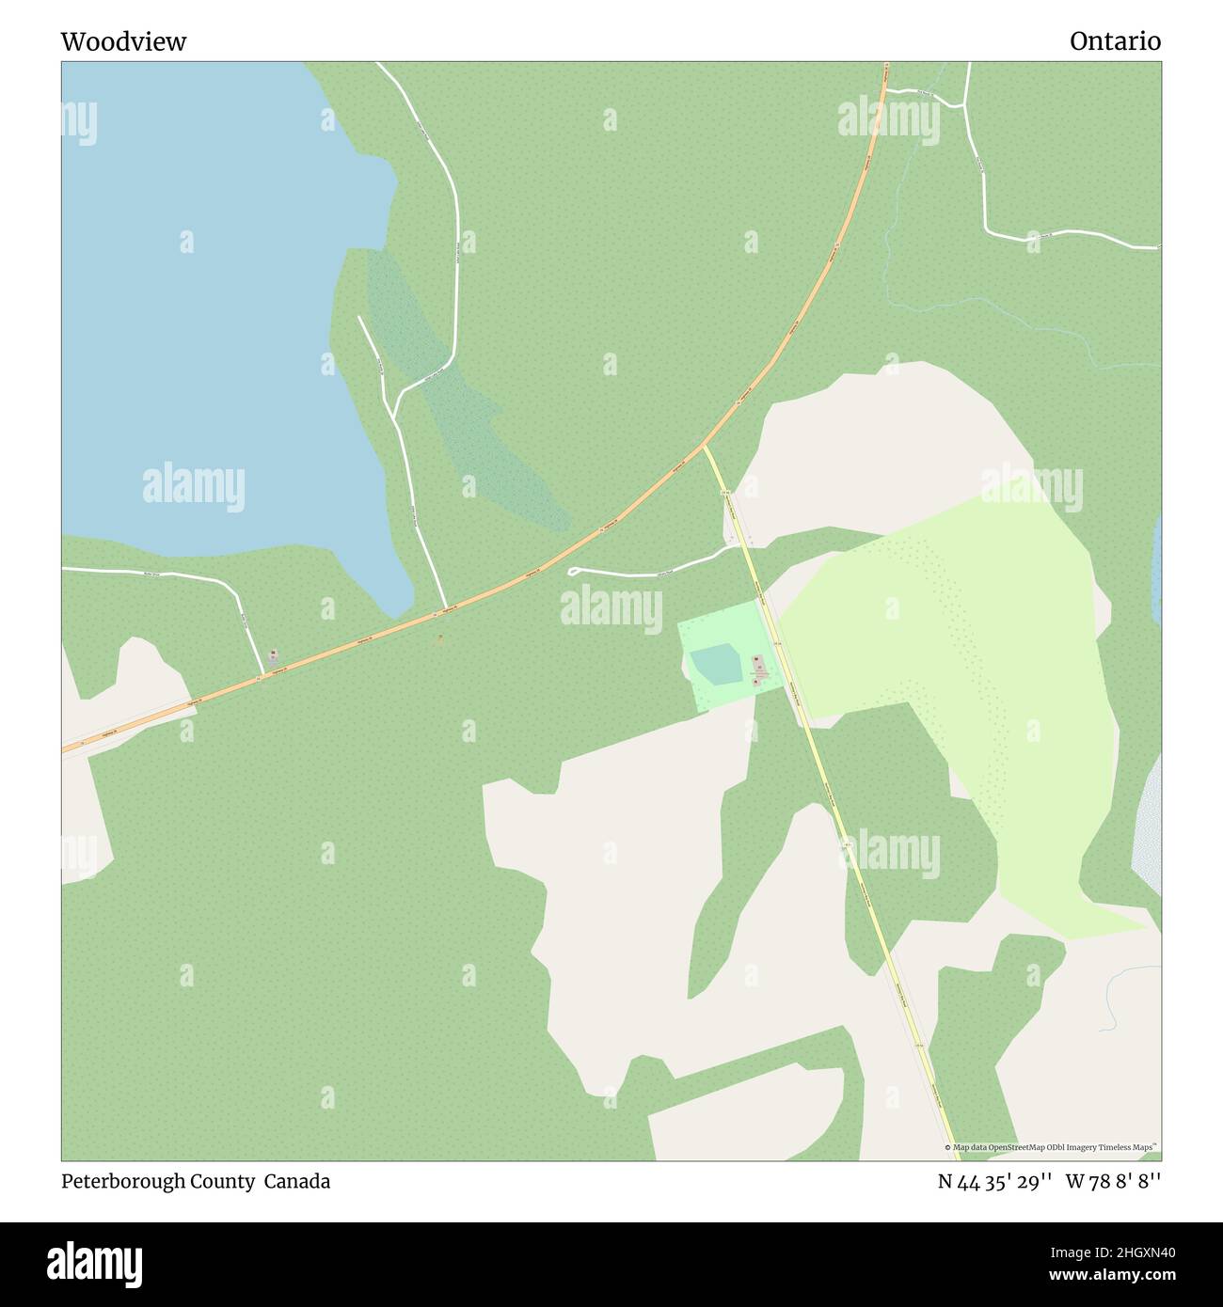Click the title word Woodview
tap(123, 41)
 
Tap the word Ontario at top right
tap(1115, 41)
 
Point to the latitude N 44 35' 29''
tap(994, 1182)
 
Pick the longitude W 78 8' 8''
tap(1113, 1182)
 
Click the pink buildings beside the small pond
tap(759, 670)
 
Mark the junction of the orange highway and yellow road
tap(704, 445)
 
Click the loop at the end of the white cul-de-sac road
tap(573, 571)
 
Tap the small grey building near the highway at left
tap(273, 656)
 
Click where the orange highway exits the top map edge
tap(886, 64)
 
